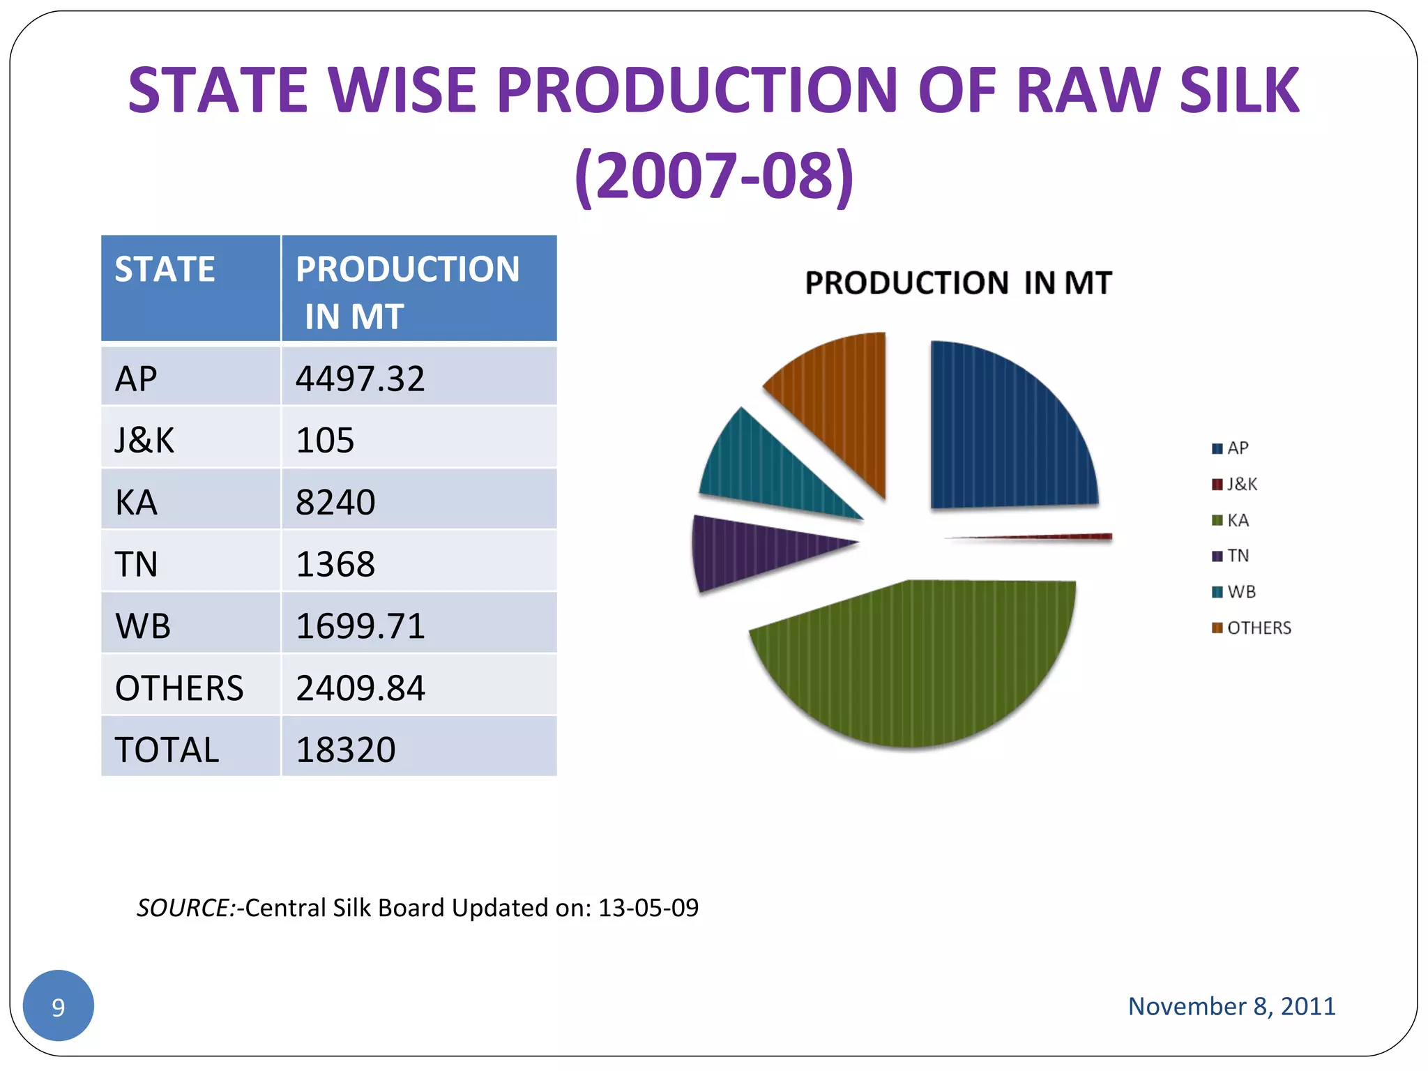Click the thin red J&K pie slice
tap(1074, 537)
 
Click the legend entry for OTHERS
tap(1252, 628)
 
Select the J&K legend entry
tap(1235, 484)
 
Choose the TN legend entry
tap(1231, 556)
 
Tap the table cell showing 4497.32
tap(360, 379)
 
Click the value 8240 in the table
tap(335, 502)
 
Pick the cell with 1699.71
tap(360, 625)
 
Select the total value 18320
tap(346, 750)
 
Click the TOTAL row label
tap(167, 750)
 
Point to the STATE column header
tap(165, 269)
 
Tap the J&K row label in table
tap(144, 440)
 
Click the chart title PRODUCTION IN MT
tap(958, 283)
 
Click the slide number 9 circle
tap(59, 1005)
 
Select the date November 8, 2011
tap(1231, 1005)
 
